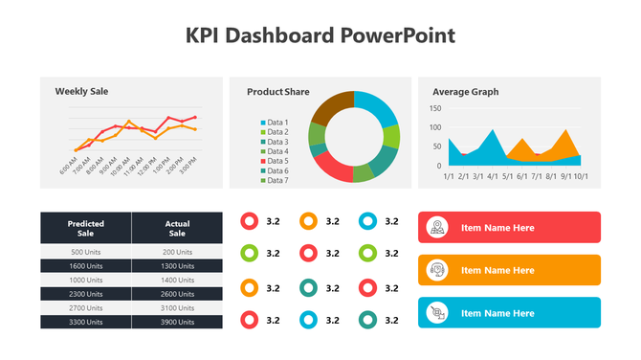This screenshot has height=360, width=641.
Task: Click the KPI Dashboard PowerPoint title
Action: [320, 35]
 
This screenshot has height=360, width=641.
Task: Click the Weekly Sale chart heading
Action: [81, 91]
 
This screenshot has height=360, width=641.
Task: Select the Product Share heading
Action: [277, 92]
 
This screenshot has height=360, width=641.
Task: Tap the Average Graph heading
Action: [465, 92]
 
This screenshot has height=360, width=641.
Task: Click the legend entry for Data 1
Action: [276, 123]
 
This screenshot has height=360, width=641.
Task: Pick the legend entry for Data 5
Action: [276, 161]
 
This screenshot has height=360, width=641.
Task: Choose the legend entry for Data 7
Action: [276, 180]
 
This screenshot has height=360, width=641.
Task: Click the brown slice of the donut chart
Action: [329, 108]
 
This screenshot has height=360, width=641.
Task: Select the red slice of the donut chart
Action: [330, 168]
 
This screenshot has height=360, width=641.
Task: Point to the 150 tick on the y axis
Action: [435, 108]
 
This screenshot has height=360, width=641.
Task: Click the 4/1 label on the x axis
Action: [493, 176]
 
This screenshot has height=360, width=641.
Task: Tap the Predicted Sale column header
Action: [85, 228]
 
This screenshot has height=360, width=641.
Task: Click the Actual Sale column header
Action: [177, 228]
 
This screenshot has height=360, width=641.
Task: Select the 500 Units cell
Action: [85, 251]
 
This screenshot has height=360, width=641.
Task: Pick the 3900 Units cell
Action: [177, 323]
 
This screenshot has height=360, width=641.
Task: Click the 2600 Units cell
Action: [177, 294]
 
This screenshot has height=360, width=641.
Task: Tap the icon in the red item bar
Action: [437, 228]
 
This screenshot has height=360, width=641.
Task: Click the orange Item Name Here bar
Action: [509, 270]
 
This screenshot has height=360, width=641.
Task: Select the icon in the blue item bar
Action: [437, 313]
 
